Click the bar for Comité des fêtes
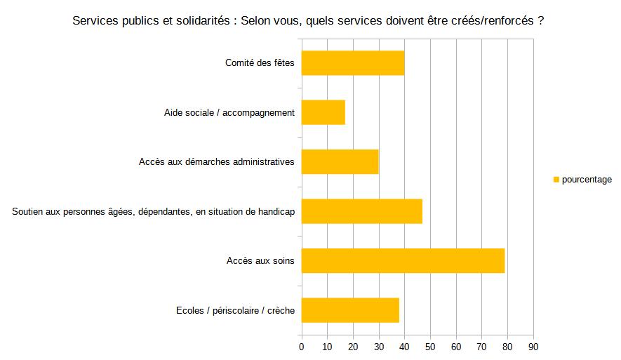pyautogui.click(x=353, y=63)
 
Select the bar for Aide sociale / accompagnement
pyautogui.click(x=323, y=112)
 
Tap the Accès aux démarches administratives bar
pyautogui.click(x=340, y=162)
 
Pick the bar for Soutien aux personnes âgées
pyautogui.click(x=362, y=211)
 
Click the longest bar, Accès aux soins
pyautogui.click(x=403, y=261)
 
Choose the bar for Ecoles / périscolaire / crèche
pyautogui.click(x=350, y=310)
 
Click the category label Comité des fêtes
pyautogui.click(x=260, y=63)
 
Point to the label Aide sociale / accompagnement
pyautogui.click(x=229, y=112)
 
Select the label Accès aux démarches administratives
pyautogui.click(x=217, y=162)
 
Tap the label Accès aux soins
pyautogui.click(x=260, y=261)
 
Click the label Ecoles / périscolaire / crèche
pyautogui.click(x=236, y=310)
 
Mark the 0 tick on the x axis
pyautogui.click(x=302, y=347)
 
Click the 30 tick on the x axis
pyautogui.click(x=379, y=347)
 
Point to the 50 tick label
pyautogui.click(x=430, y=347)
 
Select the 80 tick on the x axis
pyautogui.click(x=507, y=347)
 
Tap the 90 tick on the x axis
pyautogui.click(x=533, y=347)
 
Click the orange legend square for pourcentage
pyautogui.click(x=556, y=180)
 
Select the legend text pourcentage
pyautogui.click(x=587, y=180)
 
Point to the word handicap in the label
pyautogui.click(x=276, y=211)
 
